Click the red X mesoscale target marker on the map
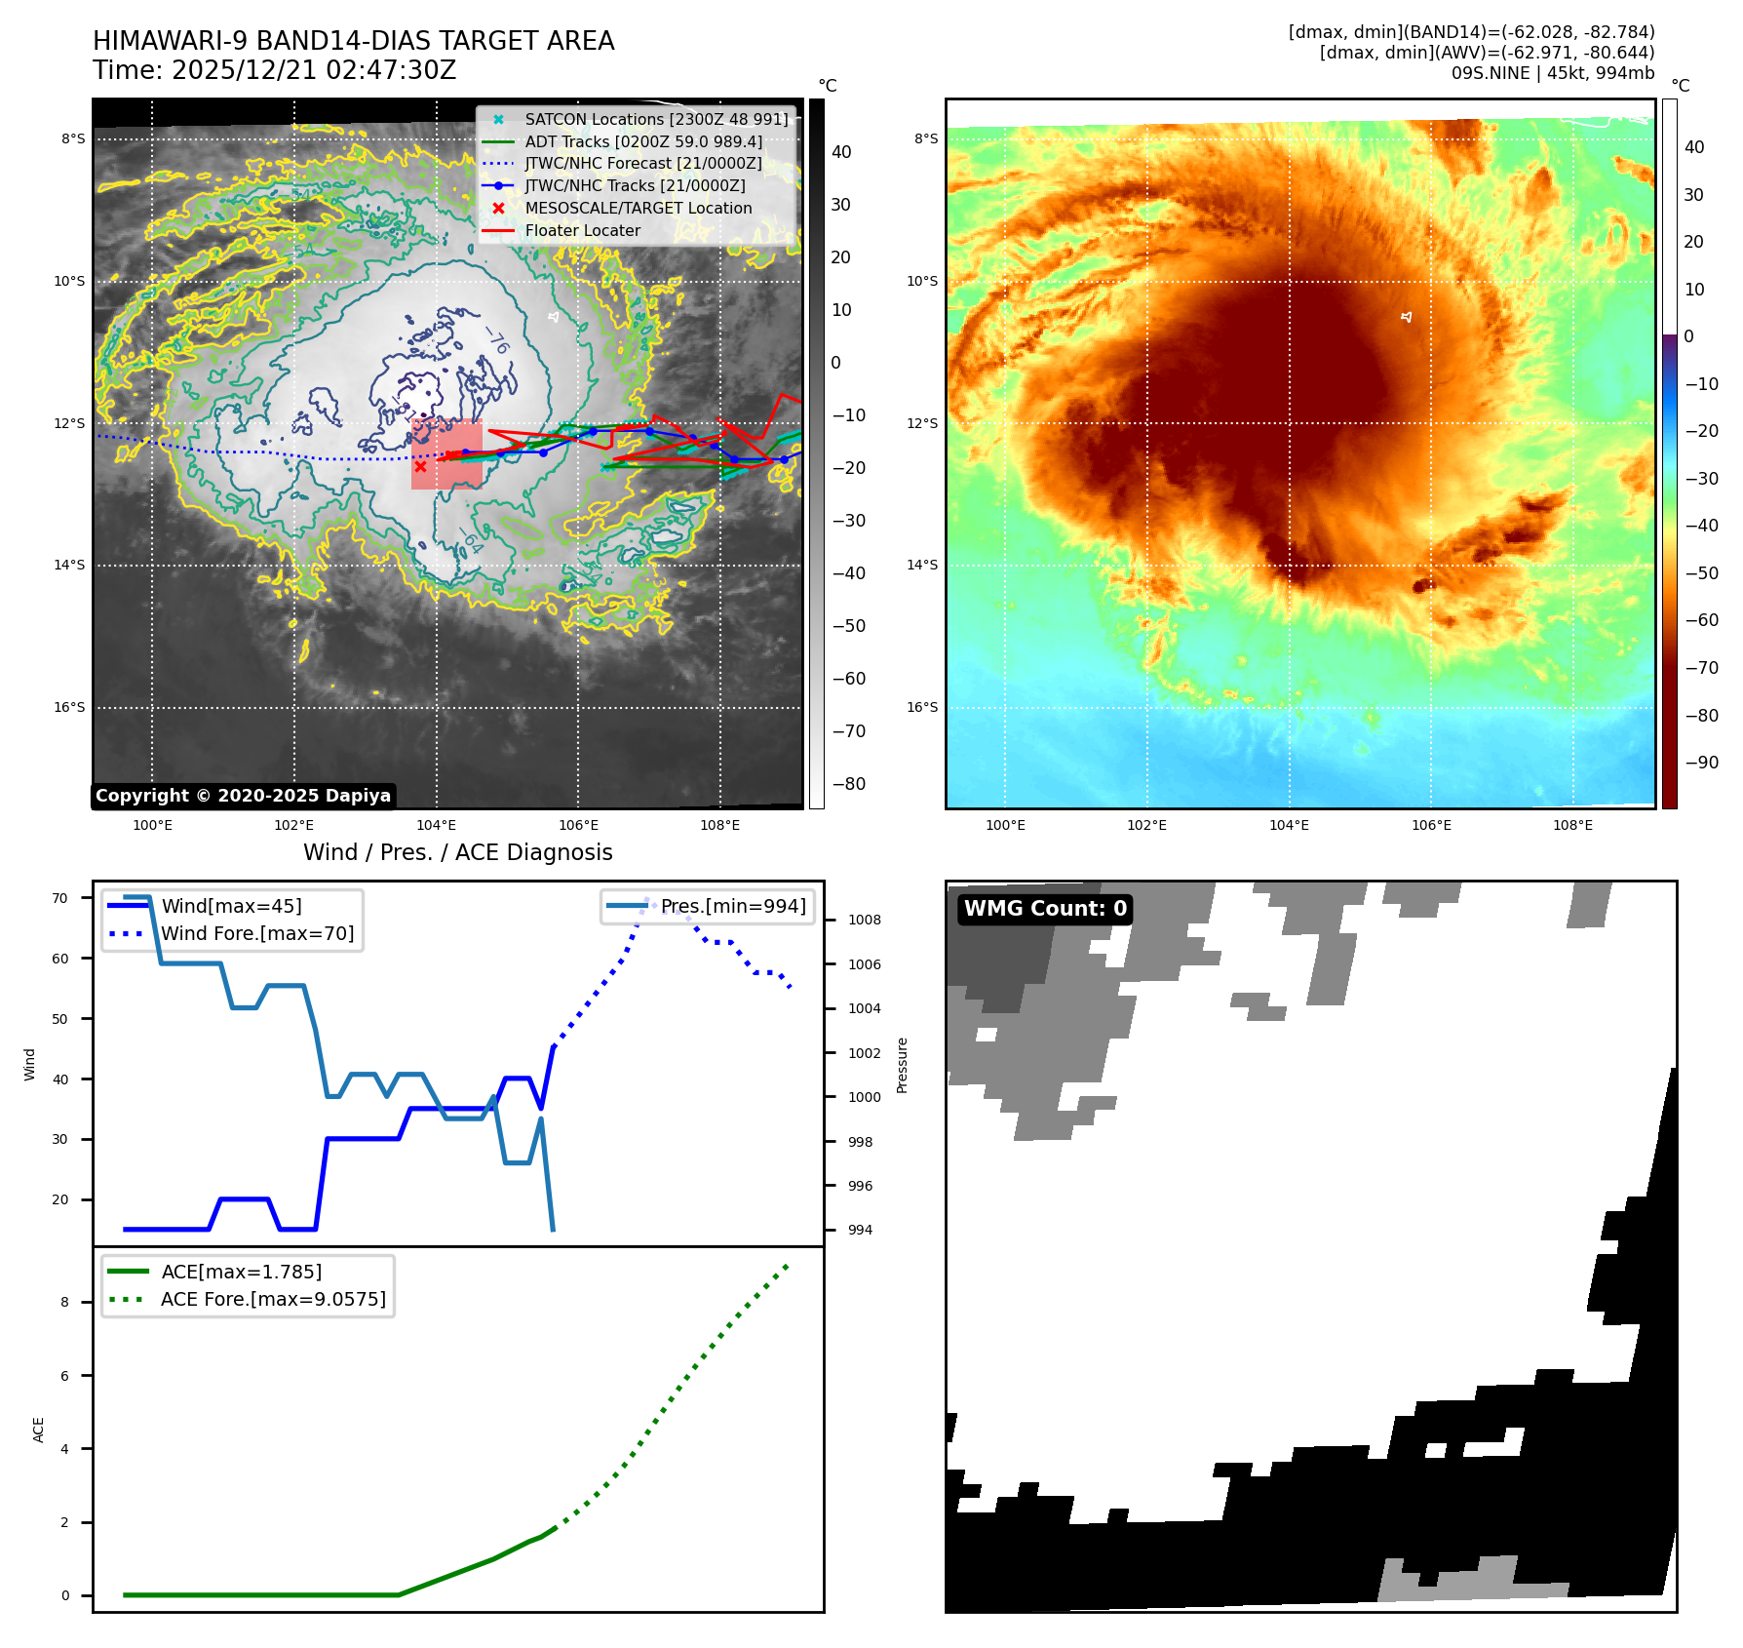[420, 466]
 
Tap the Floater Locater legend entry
[582, 231]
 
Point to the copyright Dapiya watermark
[243, 796]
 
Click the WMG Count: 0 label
[1045, 909]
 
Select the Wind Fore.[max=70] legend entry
[257, 934]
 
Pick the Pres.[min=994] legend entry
[733, 907]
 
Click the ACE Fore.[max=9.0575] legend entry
[273, 1300]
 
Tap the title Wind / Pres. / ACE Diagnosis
[458, 853]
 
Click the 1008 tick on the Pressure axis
[864, 921]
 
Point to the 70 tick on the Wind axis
[60, 898]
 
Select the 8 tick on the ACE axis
[65, 1303]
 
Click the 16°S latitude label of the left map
[69, 708]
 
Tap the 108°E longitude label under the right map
[1572, 826]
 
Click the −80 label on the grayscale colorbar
[848, 784]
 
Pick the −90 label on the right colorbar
[1702, 763]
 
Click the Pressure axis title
[903, 1065]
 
